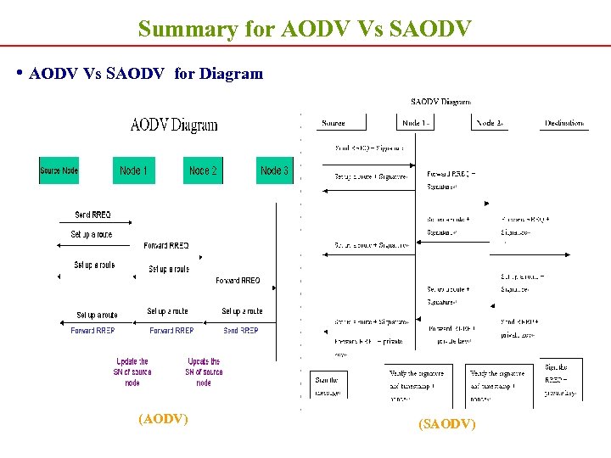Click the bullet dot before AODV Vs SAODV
[20, 73]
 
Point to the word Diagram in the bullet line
[231, 74]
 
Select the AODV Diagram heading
[173, 126]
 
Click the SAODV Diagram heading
[440, 102]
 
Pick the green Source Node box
[59, 170]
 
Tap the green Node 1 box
[133, 170]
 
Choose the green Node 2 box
[203, 170]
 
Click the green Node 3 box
[274, 170]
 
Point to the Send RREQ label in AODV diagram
[92, 215]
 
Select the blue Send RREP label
[241, 331]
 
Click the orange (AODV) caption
[163, 418]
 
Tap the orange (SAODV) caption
[447, 423]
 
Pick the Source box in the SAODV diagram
[334, 123]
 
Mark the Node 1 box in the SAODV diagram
[416, 123]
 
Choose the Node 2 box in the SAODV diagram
[490, 123]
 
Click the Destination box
[564, 123]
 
